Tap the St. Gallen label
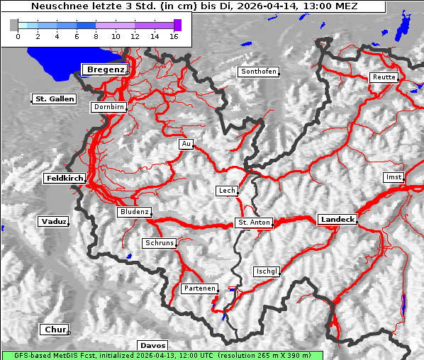54,99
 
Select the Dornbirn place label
109,107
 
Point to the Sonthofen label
258,72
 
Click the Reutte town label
384,77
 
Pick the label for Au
186,144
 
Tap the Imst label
392,176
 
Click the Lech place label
227,191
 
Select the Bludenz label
134,212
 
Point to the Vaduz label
53,222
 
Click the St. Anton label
253,223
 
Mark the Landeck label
337,220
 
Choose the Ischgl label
267,271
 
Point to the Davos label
153,345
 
